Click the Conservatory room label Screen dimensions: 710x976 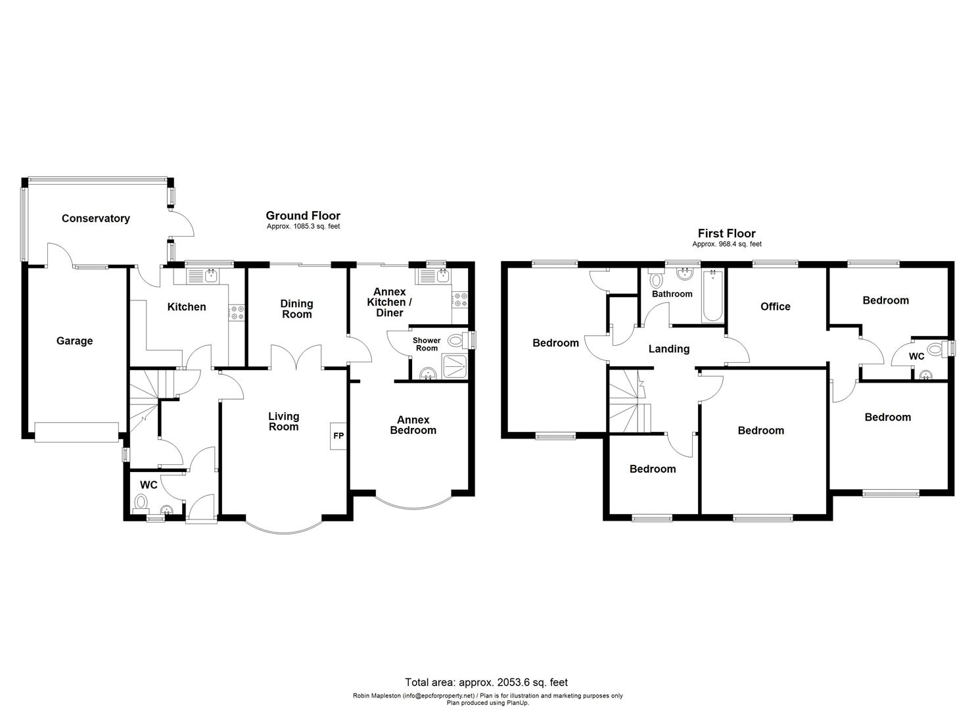pos(96,218)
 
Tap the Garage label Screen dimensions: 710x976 pos(74,341)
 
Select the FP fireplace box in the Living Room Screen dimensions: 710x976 pos(338,435)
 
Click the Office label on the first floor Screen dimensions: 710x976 pos(775,306)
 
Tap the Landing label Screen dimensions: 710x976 pos(669,348)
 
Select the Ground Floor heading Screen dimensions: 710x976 pos(303,216)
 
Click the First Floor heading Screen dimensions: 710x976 pos(726,233)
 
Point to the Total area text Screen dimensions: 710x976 pos(486,682)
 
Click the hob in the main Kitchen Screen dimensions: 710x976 pos(237,313)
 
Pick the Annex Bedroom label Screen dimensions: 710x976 pos(413,425)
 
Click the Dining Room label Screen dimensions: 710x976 pos(296,308)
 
